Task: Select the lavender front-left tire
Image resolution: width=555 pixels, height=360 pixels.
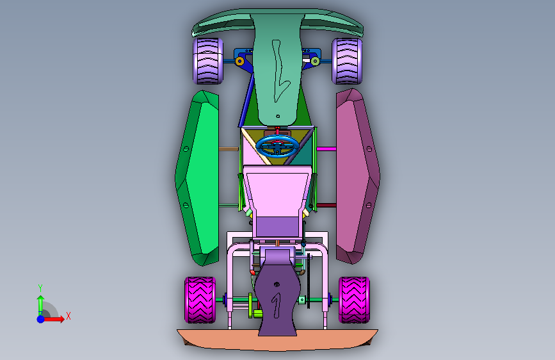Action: point(208,61)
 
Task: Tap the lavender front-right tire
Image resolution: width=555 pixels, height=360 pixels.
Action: point(347,61)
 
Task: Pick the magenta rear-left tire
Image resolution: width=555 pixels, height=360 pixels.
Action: point(200,300)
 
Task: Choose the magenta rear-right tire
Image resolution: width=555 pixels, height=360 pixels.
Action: point(354,300)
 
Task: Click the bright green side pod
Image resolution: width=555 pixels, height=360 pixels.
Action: point(198,177)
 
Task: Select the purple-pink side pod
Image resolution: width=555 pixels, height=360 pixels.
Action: point(357,176)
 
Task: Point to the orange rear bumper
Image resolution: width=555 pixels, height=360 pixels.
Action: point(278,340)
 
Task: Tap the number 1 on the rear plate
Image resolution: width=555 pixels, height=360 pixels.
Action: point(276,305)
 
